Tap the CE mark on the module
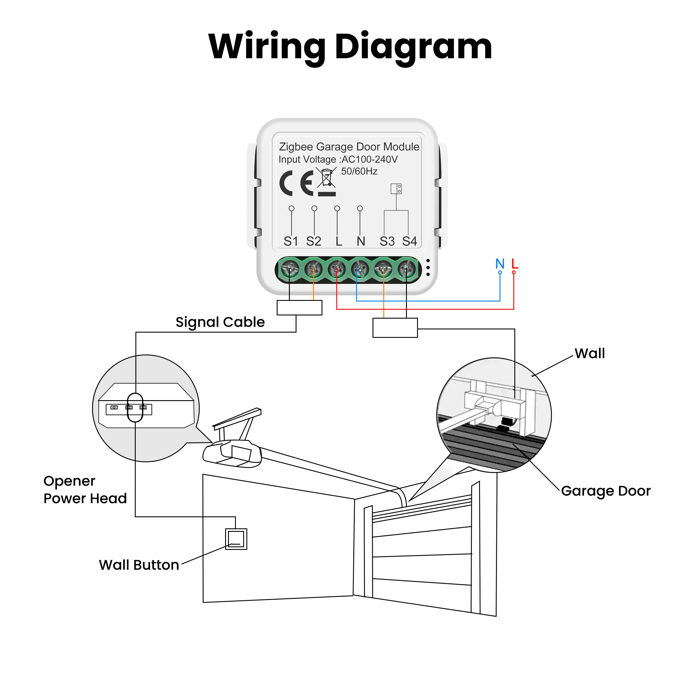296,183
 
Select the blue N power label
500,264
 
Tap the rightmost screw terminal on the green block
406,269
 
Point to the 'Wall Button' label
139,565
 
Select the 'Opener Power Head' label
85,490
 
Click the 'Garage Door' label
606,491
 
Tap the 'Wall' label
590,354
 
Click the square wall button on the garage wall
236,539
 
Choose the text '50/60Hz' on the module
359,171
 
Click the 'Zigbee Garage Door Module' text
349,146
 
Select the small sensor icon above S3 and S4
396,188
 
